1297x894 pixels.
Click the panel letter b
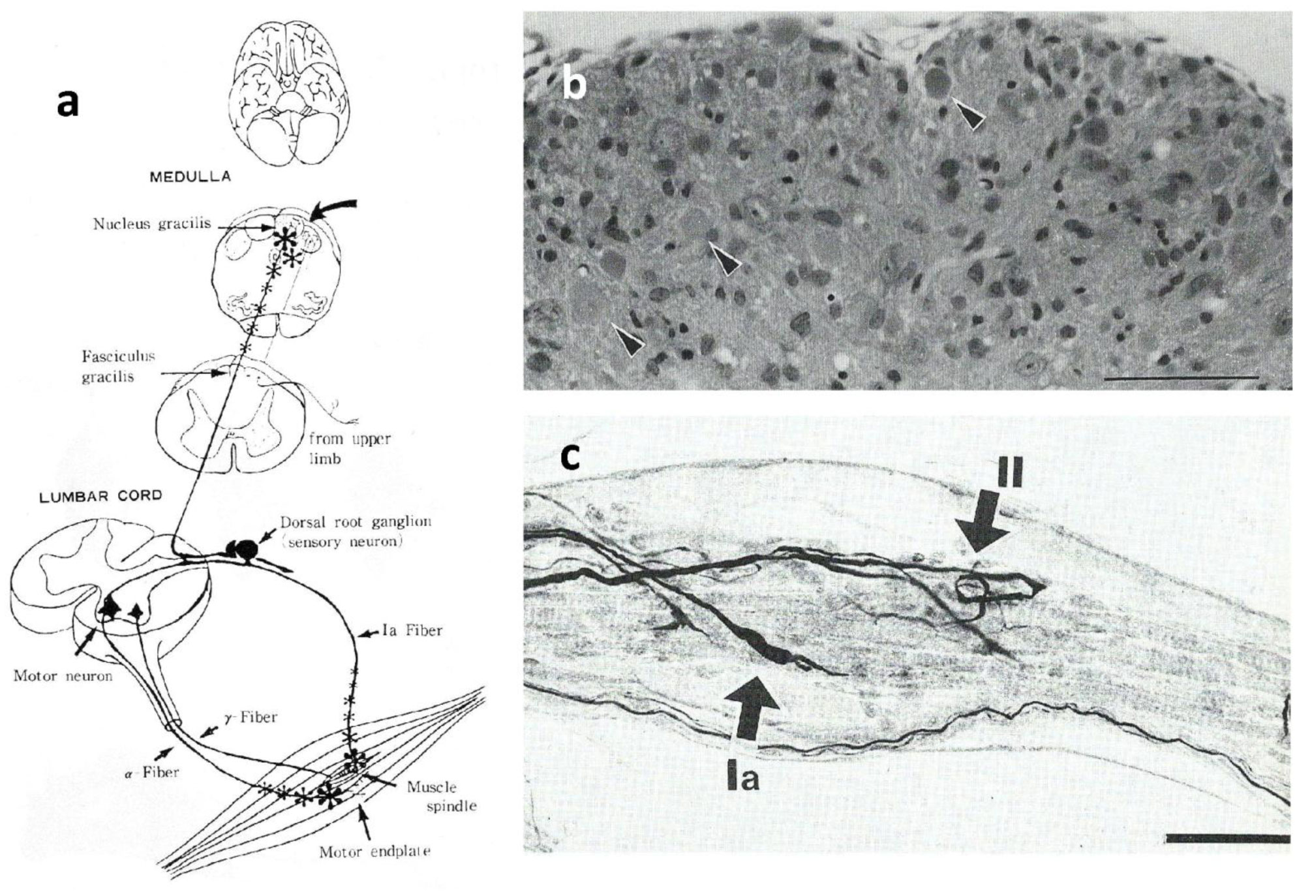tap(573, 84)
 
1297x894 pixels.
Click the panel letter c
tap(570, 458)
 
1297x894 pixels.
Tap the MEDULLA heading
tap(190, 177)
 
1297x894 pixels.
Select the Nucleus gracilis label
tap(152, 224)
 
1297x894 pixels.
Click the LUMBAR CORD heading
tap(100, 495)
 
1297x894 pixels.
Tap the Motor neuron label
tap(63, 675)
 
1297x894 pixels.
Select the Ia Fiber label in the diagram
tap(411, 630)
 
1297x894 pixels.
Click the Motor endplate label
tap(375, 852)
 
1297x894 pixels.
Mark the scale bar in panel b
tap(1182, 377)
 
